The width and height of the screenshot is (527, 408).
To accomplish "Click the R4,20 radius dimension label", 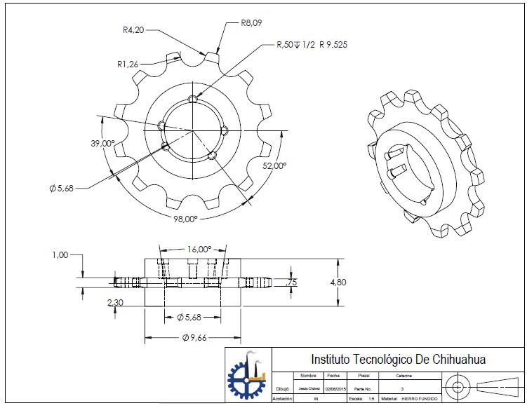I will pyautogui.click(x=133, y=30).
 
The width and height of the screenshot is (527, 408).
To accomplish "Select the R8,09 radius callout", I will pyautogui.click(x=252, y=22).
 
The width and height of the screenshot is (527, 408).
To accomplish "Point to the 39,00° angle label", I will pyautogui.click(x=102, y=143).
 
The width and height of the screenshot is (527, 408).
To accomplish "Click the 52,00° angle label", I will pyautogui.click(x=274, y=166).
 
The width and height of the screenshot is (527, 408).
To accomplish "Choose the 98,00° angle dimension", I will pyautogui.click(x=185, y=219).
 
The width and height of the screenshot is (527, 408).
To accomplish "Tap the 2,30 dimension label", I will pyautogui.click(x=115, y=303).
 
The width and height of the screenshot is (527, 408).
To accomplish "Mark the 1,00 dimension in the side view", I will pyautogui.click(x=60, y=255).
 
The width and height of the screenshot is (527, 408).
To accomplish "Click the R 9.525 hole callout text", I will pyautogui.click(x=333, y=45).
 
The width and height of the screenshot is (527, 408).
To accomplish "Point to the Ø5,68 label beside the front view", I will pyautogui.click(x=62, y=188).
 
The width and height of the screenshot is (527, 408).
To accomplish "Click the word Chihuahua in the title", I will pyautogui.click(x=451, y=360).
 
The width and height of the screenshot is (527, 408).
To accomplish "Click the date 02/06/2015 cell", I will pyautogui.click(x=333, y=387).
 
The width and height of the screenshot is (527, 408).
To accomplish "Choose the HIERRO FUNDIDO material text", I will pyautogui.click(x=420, y=399).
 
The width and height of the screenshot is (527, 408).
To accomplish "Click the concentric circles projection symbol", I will pyautogui.click(x=458, y=387).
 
